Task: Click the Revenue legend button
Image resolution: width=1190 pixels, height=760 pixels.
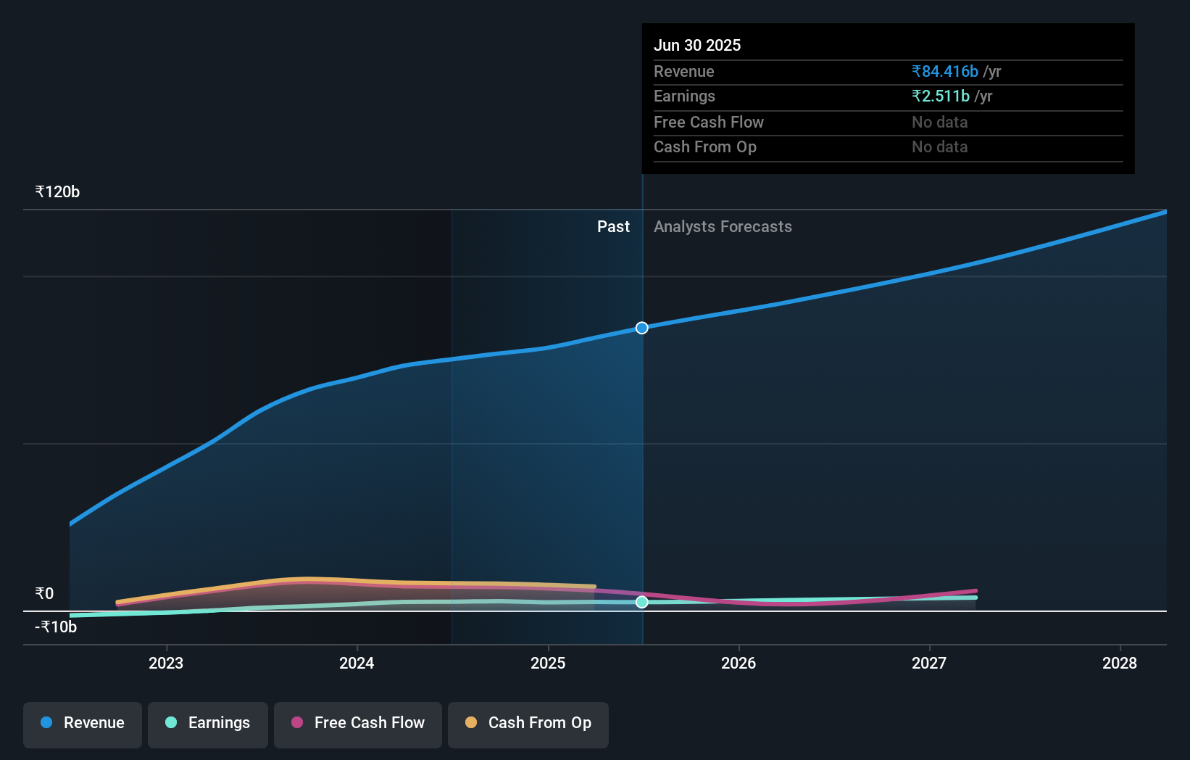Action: coord(83,723)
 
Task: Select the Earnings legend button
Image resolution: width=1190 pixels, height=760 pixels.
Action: coord(208,723)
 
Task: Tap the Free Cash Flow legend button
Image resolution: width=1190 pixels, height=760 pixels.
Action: coord(358,723)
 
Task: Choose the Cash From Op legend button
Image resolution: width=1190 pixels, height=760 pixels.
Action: coord(528,723)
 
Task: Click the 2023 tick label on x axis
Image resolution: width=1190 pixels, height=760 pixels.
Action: coord(166,663)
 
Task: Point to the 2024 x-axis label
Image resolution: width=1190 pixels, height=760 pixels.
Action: coord(357,663)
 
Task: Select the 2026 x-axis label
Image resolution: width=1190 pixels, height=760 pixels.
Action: coord(738,663)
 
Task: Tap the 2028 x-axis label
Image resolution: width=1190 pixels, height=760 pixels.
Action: coord(1120,663)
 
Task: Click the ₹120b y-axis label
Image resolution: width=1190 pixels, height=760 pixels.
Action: coord(57,192)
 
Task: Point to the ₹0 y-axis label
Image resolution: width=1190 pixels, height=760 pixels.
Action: coord(44,594)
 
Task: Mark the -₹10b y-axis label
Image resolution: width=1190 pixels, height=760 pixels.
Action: coord(56,627)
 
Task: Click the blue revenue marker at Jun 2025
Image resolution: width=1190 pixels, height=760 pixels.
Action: coord(642,328)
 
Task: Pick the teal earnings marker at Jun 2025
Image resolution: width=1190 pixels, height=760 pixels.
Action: coord(642,602)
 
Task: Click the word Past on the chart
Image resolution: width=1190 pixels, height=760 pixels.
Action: coord(613,227)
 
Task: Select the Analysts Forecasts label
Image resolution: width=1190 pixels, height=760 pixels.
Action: coord(723,227)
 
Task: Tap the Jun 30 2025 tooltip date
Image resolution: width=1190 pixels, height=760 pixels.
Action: coord(697,46)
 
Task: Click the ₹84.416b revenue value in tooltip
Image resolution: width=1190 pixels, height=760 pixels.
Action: coord(945,72)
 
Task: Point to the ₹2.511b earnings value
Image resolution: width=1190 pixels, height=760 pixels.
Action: coord(941,96)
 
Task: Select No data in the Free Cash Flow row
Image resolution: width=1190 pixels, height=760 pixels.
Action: coord(939,123)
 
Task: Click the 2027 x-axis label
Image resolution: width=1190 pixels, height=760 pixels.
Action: coord(929,663)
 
